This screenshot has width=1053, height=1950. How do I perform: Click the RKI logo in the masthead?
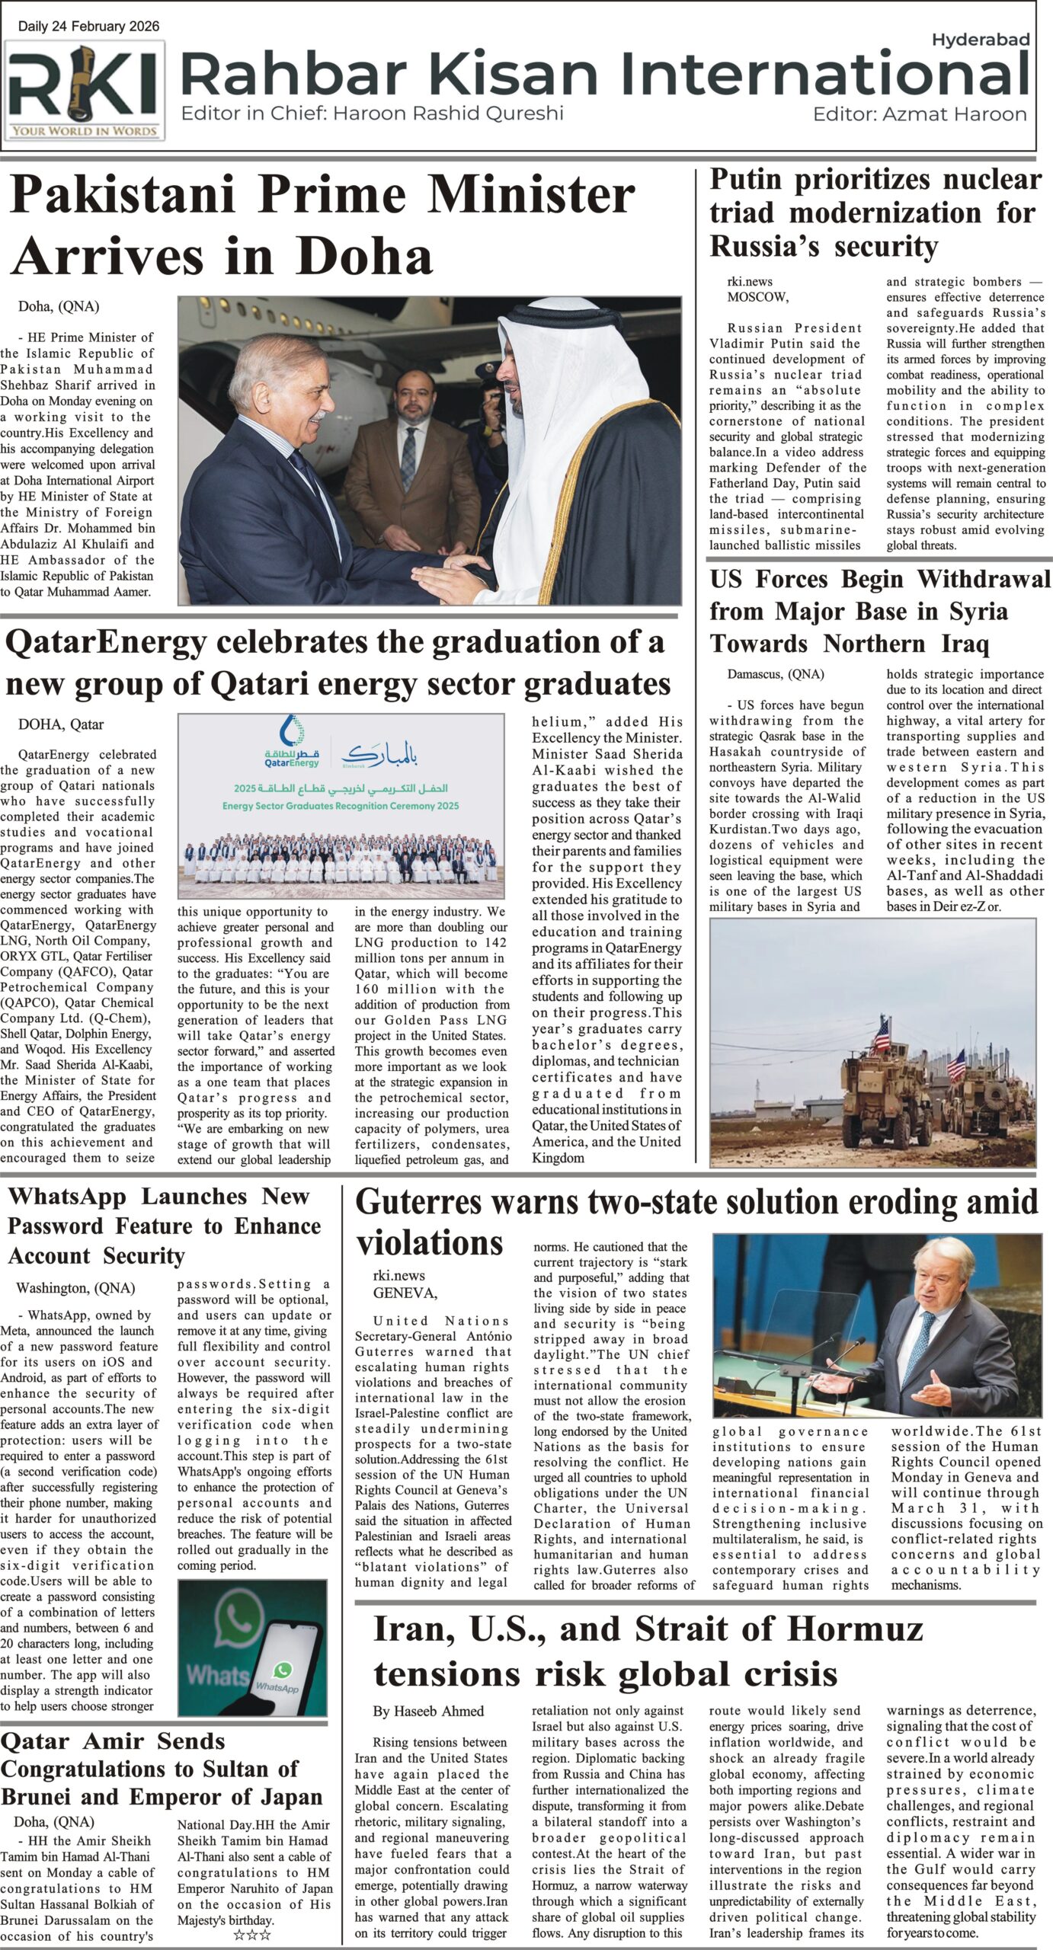pos(84,89)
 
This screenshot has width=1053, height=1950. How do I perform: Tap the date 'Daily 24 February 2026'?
pos(89,27)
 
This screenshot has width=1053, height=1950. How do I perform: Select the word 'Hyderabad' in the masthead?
pos(981,40)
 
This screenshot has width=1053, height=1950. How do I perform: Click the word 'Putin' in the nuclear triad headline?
pos(747,179)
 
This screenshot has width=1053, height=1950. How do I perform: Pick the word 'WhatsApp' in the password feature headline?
pos(66,1197)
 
